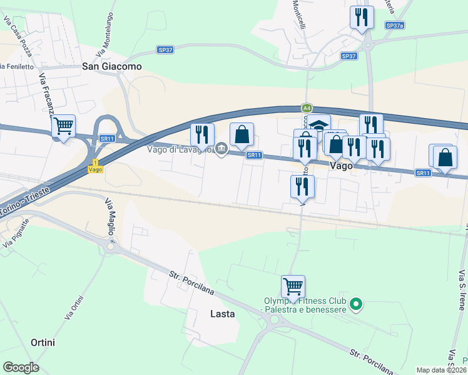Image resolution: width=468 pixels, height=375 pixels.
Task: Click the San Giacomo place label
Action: point(112,66)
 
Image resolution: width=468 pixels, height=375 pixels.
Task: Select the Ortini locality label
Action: point(43,342)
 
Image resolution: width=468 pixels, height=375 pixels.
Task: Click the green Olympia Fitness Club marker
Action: point(356,304)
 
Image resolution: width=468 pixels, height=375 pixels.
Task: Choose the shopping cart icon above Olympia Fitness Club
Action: point(293,287)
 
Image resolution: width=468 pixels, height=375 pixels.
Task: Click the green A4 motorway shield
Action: point(307,107)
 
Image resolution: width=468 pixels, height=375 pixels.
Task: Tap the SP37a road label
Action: point(395,26)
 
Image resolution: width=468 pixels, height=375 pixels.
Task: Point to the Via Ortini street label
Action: point(74,307)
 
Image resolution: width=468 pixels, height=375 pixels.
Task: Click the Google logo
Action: point(21,367)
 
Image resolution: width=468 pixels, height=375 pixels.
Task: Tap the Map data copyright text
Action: point(442,370)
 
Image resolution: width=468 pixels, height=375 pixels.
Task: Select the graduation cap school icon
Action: point(318,125)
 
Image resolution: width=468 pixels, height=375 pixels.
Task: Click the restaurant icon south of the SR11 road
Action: point(302,186)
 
